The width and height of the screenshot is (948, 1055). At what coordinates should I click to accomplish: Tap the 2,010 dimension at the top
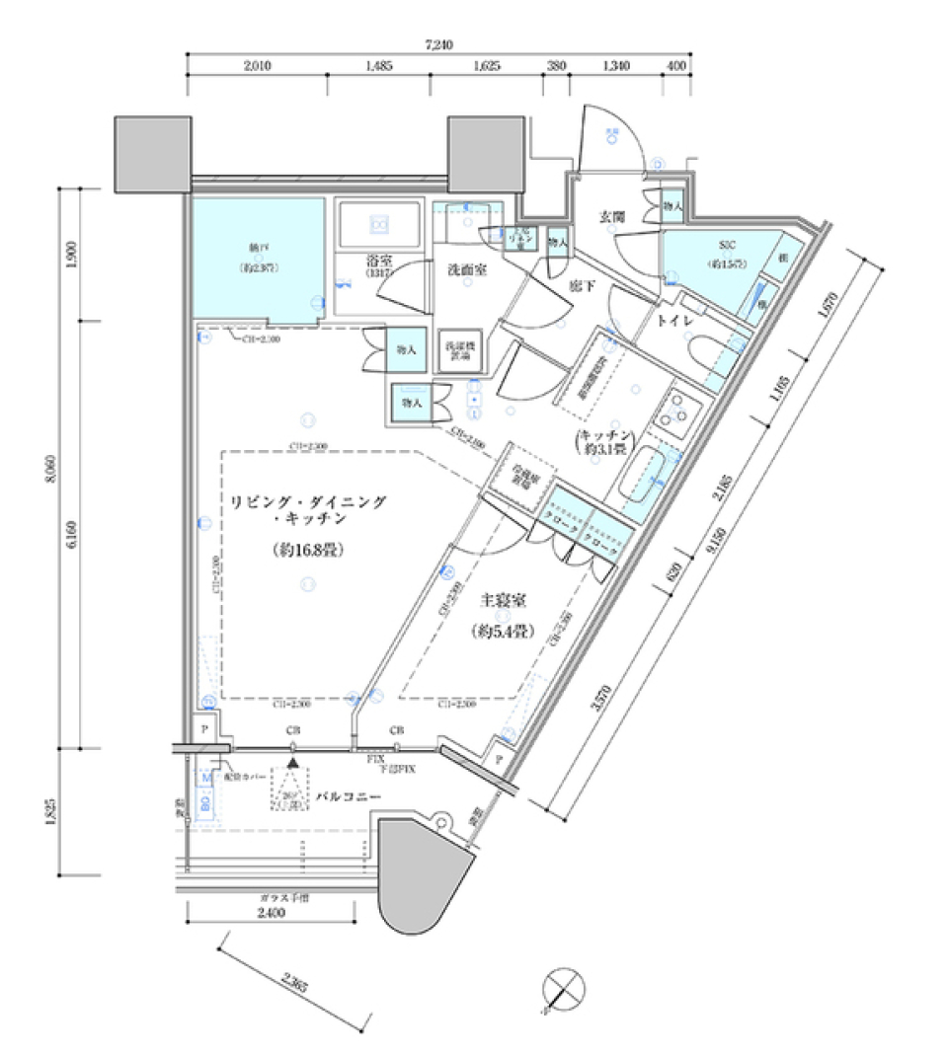256,66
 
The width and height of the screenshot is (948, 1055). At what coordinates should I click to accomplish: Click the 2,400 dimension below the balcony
271,914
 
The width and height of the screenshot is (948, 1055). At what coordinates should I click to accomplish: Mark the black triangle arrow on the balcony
292,761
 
